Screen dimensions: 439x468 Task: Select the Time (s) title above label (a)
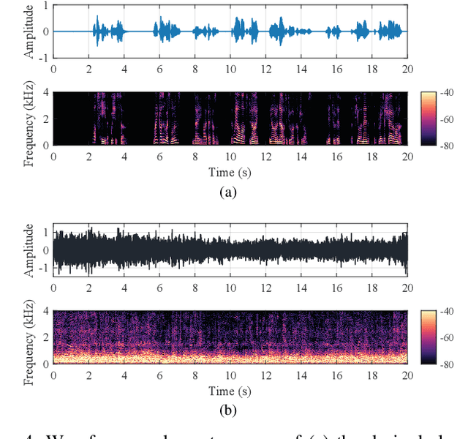(x=230, y=172)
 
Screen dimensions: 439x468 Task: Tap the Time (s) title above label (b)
(x=230, y=390)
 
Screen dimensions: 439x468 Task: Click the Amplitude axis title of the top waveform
(x=29, y=31)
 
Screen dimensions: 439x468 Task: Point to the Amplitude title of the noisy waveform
(x=29, y=250)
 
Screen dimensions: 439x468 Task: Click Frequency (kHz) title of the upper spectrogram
(x=29, y=119)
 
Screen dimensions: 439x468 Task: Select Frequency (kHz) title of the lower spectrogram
(x=29, y=337)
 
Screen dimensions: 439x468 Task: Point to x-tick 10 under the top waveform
(x=230, y=70)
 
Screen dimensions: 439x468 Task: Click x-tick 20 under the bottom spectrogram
(x=407, y=375)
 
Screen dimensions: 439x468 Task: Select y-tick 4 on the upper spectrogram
(x=45, y=92)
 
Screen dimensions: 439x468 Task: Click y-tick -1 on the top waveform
(x=44, y=58)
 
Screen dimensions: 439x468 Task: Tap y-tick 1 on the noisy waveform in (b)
(x=45, y=232)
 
